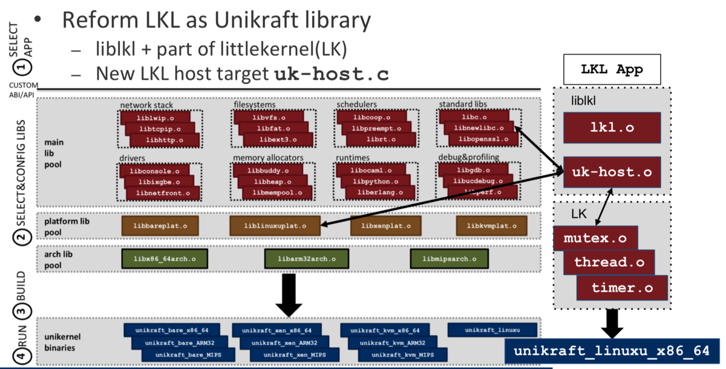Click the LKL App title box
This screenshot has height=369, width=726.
click(x=611, y=70)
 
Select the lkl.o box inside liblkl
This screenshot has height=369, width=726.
click(x=611, y=128)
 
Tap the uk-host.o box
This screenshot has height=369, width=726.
click(x=611, y=172)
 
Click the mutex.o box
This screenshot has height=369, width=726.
click(x=595, y=238)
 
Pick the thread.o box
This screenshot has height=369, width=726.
click(x=609, y=263)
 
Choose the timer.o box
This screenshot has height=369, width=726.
click(x=622, y=288)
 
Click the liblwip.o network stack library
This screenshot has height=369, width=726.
click(x=154, y=117)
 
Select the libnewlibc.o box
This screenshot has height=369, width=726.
click(x=478, y=128)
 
